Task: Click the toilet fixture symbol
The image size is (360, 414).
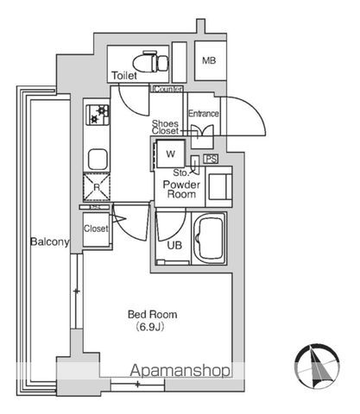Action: pyautogui.click(x=151, y=62)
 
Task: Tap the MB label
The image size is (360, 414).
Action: pyautogui.click(x=209, y=60)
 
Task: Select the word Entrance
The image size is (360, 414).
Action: pyautogui.click(x=203, y=114)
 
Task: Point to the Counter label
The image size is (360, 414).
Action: pyautogui.click(x=167, y=89)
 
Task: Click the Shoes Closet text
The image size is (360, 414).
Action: pyautogui.click(x=165, y=128)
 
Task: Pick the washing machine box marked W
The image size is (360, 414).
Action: pyautogui.click(x=170, y=154)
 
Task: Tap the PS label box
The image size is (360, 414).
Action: pyautogui.click(x=211, y=159)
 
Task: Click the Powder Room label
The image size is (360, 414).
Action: pyautogui.click(x=181, y=189)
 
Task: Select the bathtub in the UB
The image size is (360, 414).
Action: pyautogui.click(x=209, y=238)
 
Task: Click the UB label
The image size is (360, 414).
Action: pyautogui.click(x=174, y=245)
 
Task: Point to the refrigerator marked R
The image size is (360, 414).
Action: pyautogui.click(x=97, y=187)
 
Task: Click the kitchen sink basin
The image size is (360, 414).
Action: pyautogui.click(x=98, y=159)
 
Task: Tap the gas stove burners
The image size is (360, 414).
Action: pyautogui.click(x=98, y=115)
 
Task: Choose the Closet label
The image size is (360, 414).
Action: pyautogui.click(x=96, y=229)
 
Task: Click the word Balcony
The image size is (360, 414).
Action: pyautogui.click(x=50, y=241)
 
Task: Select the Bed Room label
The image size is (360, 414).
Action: pyautogui.click(x=153, y=314)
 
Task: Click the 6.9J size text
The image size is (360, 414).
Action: pyautogui.click(x=150, y=327)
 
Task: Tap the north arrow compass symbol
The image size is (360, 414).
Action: pyautogui.click(x=317, y=366)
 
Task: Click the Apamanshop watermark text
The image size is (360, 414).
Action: pyautogui.click(x=180, y=370)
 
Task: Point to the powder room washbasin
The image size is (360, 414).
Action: pyautogui.click(x=219, y=186)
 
